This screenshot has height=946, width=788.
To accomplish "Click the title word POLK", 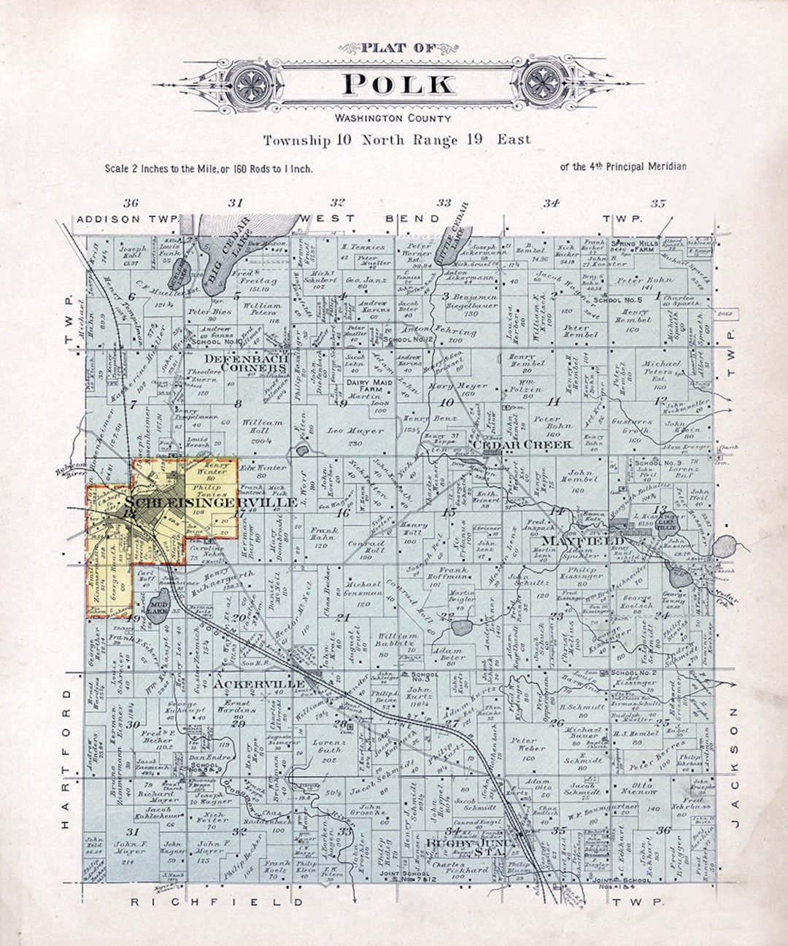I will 398,84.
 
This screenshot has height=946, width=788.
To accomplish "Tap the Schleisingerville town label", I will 211,502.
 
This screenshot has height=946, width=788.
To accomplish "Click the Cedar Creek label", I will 522,444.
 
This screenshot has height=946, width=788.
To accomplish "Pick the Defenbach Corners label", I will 247,363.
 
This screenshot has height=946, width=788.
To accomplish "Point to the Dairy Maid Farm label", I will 370,386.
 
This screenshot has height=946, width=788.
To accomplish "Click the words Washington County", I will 393,118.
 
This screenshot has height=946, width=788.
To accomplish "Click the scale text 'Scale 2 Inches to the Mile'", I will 209,169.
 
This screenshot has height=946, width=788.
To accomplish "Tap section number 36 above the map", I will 131,203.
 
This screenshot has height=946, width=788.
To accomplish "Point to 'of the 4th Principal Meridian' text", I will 623,166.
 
